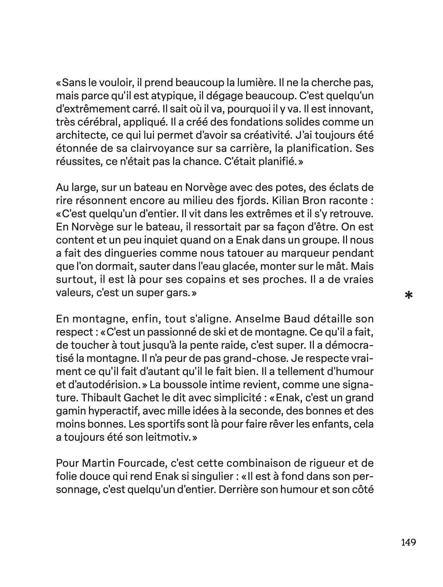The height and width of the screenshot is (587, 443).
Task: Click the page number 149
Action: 408,542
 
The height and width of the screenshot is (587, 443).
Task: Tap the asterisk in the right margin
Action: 408,295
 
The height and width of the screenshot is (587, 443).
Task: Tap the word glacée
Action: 234,266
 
